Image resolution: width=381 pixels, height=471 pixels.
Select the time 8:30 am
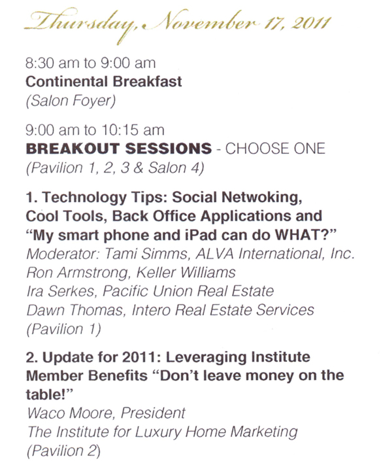coord(52,63)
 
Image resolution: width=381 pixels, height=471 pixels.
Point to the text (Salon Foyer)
coord(71,101)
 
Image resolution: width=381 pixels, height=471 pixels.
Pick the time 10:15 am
coord(133,130)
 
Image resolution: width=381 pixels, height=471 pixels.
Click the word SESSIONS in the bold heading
coord(169,148)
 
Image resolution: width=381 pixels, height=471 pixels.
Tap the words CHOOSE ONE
coord(275,148)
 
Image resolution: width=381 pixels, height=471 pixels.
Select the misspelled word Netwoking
coord(261,198)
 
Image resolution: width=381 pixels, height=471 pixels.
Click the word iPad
coord(201,235)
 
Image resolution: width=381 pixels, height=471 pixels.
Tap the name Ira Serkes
coord(61,291)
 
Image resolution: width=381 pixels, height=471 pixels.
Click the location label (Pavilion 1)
coord(63,329)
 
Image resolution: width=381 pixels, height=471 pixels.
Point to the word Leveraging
coord(206,357)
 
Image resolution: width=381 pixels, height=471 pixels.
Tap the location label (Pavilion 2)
coord(63,451)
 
